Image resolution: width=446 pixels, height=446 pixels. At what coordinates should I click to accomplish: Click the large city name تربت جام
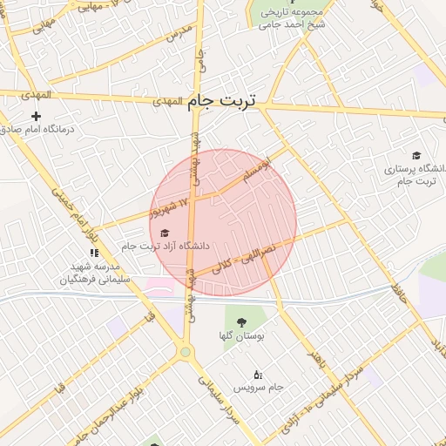pos(223,102)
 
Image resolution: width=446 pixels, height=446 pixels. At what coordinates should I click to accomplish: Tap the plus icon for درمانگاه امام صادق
pos(36,116)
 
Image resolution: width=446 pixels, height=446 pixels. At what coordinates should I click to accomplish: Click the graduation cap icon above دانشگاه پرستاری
pos(416,155)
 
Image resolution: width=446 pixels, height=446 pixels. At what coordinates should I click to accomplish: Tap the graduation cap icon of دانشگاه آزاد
pos(163,232)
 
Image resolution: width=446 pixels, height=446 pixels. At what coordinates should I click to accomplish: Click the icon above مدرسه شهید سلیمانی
pos(94,253)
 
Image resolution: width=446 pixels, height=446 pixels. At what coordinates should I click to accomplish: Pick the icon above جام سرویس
pos(257,374)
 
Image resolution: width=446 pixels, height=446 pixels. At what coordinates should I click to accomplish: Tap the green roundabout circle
pos(185,352)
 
